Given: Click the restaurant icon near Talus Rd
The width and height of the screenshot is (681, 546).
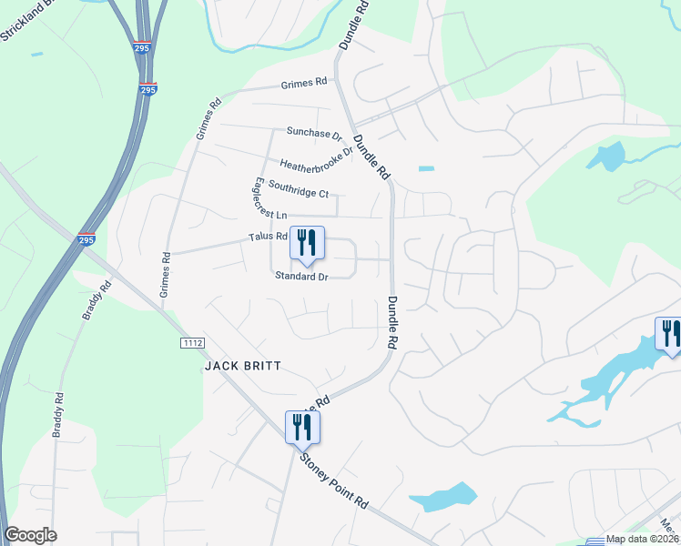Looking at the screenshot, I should [307, 243].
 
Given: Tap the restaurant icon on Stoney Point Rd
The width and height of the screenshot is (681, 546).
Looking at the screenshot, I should [302, 427].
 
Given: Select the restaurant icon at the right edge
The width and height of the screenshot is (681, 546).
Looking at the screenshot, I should [670, 333].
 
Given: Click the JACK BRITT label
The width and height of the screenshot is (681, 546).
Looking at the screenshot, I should [242, 366].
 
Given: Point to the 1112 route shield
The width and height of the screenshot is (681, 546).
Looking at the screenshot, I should [192, 342].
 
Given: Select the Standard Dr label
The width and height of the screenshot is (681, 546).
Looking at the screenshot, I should [300, 276].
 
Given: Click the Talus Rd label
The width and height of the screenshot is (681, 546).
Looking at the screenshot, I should [268, 237].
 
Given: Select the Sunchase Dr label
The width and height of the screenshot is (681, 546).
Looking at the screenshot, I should [313, 133].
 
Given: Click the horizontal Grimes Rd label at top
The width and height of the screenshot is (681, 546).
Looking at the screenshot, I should [303, 83].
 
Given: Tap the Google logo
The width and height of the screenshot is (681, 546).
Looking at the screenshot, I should [30, 535].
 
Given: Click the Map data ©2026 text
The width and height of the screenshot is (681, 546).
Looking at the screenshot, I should [643, 539].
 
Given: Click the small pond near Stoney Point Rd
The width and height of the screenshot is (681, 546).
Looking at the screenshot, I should [442, 497].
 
